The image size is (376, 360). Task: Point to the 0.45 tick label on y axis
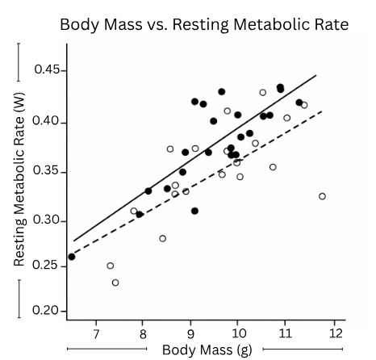click(47, 70)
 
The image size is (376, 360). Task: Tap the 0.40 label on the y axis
click(47, 122)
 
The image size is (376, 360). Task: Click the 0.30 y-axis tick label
click(47, 220)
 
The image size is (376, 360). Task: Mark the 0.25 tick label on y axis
click(47, 266)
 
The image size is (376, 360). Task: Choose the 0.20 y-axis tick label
click(47, 311)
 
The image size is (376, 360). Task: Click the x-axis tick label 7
click(96, 333)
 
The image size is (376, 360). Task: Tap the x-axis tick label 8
click(143, 333)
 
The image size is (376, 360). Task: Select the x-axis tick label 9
click(190, 333)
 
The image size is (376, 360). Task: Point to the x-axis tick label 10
click(237, 333)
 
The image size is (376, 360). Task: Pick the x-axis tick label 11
click(285, 333)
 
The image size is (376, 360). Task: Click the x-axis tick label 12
click(332, 333)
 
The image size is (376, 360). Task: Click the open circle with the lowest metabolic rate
click(115, 283)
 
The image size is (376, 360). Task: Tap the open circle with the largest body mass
click(322, 196)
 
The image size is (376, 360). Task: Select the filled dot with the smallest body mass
click(72, 257)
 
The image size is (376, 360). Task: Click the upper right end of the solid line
click(316, 75)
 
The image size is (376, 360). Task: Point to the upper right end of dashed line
click(322, 111)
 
